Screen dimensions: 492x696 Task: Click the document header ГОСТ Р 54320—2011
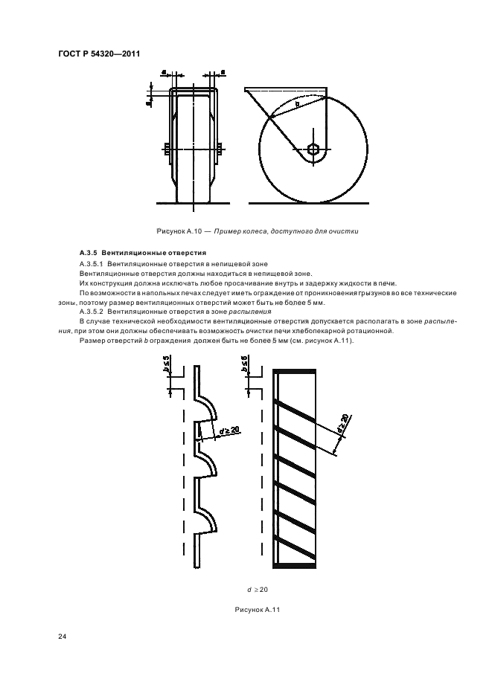[x=99, y=54]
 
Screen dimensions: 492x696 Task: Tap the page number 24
[x=63, y=637]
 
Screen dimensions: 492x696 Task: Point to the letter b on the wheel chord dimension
[x=298, y=104]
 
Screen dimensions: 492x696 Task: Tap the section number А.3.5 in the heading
[x=89, y=253]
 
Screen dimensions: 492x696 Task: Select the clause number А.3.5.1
[x=92, y=264]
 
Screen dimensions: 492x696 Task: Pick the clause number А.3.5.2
[x=92, y=312]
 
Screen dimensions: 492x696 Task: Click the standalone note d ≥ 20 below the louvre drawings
[x=258, y=590]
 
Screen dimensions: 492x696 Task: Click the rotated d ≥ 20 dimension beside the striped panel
[x=343, y=425]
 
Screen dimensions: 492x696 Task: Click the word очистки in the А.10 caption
[x=346, y=231]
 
